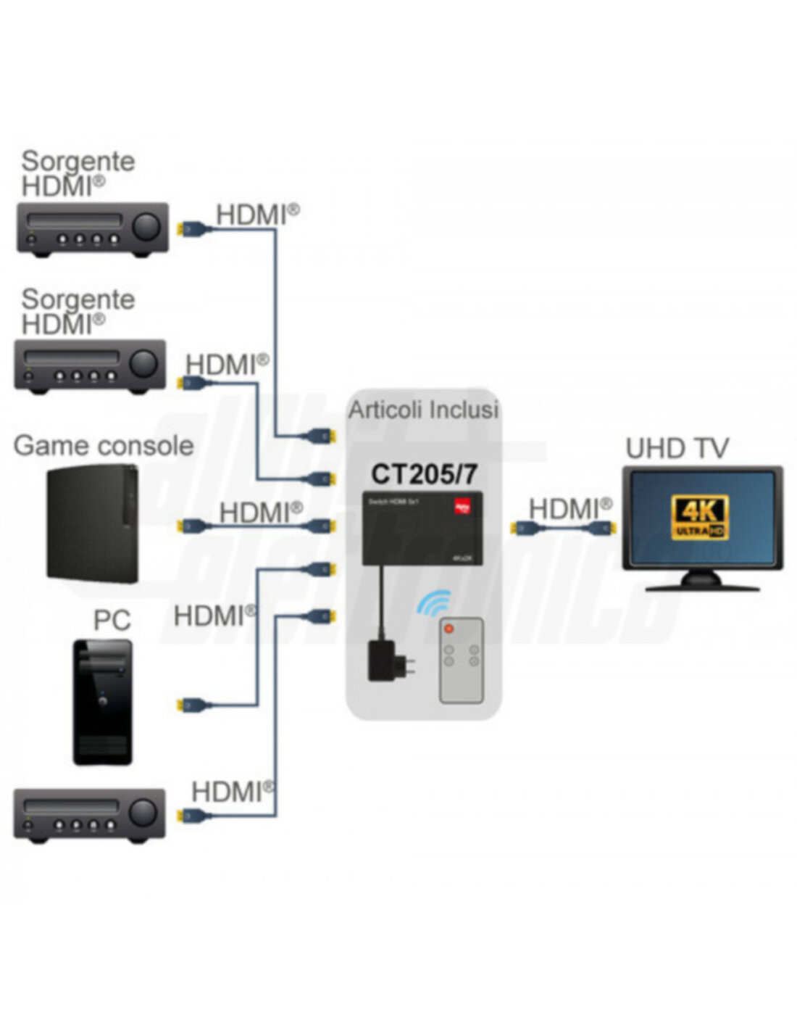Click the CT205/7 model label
[x=424, y=473]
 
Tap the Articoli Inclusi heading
[x=424, y=410]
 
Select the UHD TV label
[x=676, y=448]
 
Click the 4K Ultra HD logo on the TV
[x=699, y=518]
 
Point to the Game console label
[x=104, y=445]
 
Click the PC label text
[x=112, y=620]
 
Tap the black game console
[x=93, y=523]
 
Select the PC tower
[x=103, y=702]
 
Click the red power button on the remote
[x=448, y=628]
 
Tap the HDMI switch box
[x=422, y=528]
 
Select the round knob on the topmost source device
[x=146, y=226]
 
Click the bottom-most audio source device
[x=90, y=815]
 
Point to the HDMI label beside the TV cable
[x=570, y=508]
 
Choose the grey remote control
[x=461, y=660]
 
